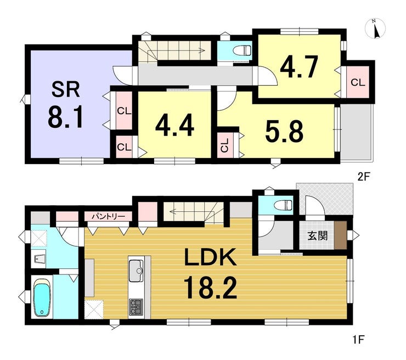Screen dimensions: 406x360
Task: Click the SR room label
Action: [65, 89]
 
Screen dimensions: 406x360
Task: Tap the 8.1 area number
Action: [65, 118]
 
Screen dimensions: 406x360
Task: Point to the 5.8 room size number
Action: [284, 132]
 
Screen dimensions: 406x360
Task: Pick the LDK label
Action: [210, 257]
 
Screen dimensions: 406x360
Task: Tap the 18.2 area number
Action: [210, 288]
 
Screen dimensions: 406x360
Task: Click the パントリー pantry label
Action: [109, 216]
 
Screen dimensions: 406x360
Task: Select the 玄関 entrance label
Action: [318, 235]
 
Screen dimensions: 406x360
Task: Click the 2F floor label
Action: [364, 177]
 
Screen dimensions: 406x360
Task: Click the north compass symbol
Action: [375, 29]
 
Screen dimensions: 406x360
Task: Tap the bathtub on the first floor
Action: [42, 297]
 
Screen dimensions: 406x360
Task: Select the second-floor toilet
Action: [243, 50]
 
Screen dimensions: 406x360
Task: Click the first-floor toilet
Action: [284, 206]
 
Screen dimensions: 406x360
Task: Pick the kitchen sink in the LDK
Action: [136, 271]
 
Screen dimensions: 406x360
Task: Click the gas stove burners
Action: [136, 307]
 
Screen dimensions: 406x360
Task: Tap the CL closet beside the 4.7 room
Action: [358, 82]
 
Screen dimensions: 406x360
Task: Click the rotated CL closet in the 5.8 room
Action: [225, 145]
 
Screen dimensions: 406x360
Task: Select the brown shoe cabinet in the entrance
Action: [340, 235]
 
